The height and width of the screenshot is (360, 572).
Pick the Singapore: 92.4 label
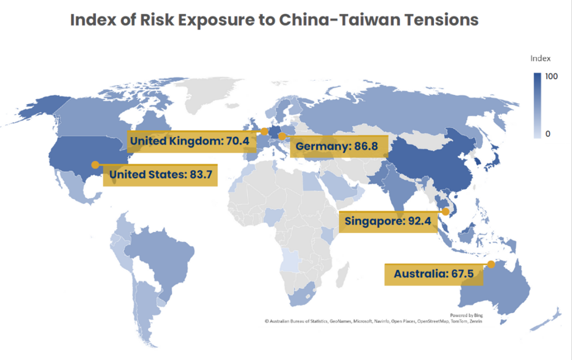tap(388, 221)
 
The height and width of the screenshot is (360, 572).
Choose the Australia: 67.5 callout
tap(434, 274)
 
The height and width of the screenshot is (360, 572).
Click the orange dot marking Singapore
tap(445, 212)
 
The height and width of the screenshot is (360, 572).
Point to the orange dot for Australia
tap(490, 264)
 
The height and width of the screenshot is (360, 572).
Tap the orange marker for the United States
tap(95, 165)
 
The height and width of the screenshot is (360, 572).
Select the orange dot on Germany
tap(282, 136)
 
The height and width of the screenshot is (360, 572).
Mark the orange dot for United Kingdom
tap(264, 130)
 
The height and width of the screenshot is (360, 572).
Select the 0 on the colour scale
tap(548, 134)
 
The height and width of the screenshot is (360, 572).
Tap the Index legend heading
tap(540, 58)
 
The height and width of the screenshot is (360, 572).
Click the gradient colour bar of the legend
tap(537, 106)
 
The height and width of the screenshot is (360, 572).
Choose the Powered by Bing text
tap(466, 315)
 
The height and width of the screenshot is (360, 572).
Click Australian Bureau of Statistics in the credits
tap(298, 321)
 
